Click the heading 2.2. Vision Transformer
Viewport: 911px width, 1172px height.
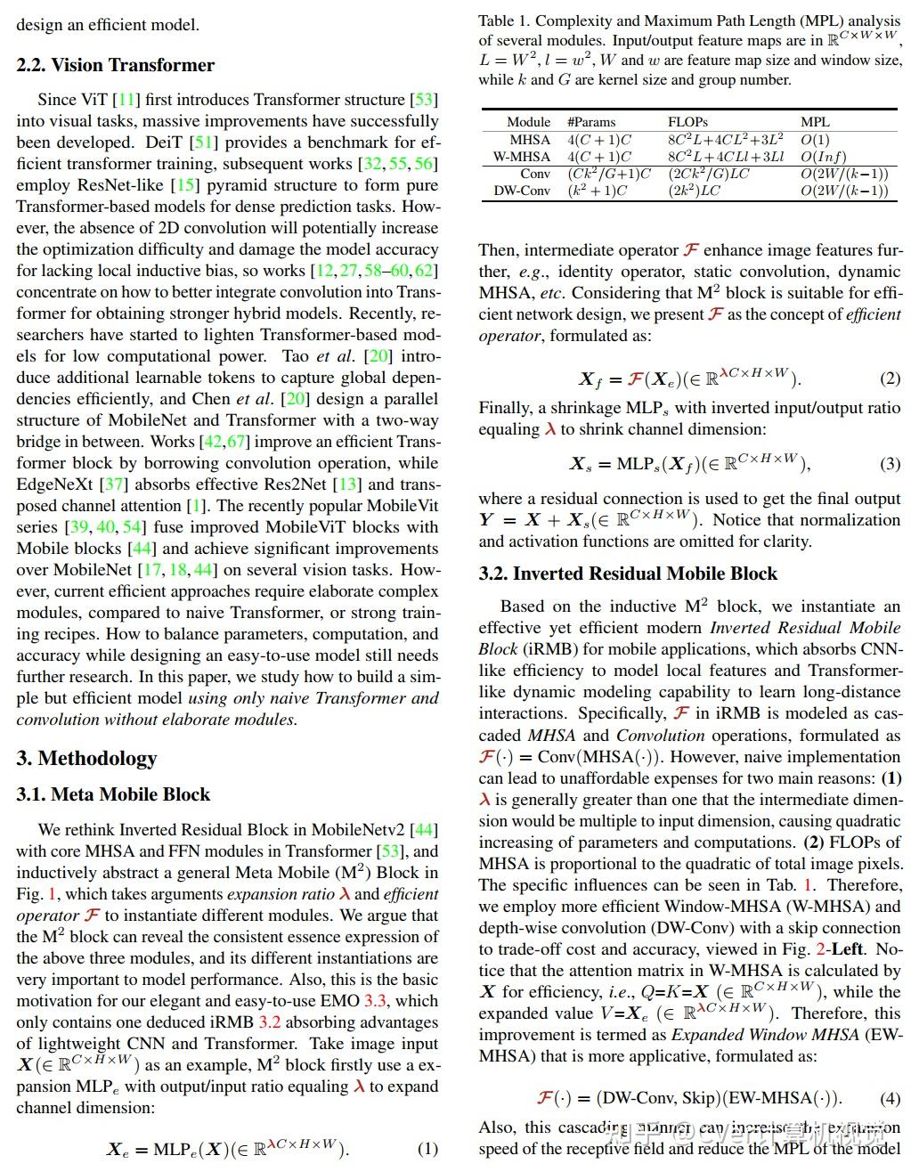click(115, 65)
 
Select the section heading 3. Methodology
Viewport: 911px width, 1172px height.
click(86, 758)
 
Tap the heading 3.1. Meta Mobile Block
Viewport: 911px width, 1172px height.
click(113, 794)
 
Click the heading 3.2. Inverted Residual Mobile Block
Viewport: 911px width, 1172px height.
click(628, 574)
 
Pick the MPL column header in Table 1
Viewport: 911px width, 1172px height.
click(815, 122)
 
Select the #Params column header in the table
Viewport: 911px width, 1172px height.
click(591, 122)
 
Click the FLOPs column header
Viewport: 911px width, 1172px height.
click(687, 122)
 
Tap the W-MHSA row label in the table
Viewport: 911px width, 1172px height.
click(522, 157)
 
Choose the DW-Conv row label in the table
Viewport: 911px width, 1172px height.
click(522, 191)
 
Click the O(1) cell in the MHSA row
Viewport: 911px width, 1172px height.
click(815, 140)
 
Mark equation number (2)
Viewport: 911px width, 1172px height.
click(890, 378)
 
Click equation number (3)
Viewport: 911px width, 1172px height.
click(890, 463)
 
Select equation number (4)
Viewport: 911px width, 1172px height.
click(890, 1098)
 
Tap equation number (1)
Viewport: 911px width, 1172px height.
click(427, 1149)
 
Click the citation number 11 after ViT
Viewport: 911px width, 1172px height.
click(127, 100)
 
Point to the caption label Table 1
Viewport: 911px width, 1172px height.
click(503, 20)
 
